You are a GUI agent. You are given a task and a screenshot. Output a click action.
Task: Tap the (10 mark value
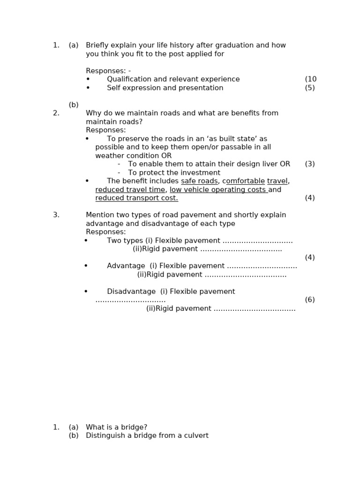311,79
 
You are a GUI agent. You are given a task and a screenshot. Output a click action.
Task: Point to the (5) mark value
310,88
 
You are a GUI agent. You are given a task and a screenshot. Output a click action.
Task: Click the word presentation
201,88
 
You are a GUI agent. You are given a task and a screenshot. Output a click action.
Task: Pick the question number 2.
56,113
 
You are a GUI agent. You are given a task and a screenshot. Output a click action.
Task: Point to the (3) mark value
310,164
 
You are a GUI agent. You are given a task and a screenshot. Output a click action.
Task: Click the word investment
201,172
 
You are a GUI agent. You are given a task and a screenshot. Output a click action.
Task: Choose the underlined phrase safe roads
199,181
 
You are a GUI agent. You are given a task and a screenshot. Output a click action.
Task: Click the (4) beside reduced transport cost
310,198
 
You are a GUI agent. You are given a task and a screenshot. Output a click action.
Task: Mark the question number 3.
56,215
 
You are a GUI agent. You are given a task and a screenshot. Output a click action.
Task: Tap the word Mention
100,215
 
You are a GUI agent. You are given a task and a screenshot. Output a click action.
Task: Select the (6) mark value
310,300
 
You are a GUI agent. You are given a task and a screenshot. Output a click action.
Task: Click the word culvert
196,435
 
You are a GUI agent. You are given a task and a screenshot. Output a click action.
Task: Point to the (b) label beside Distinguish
74,435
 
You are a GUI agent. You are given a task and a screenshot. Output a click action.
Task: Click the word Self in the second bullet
114,88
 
